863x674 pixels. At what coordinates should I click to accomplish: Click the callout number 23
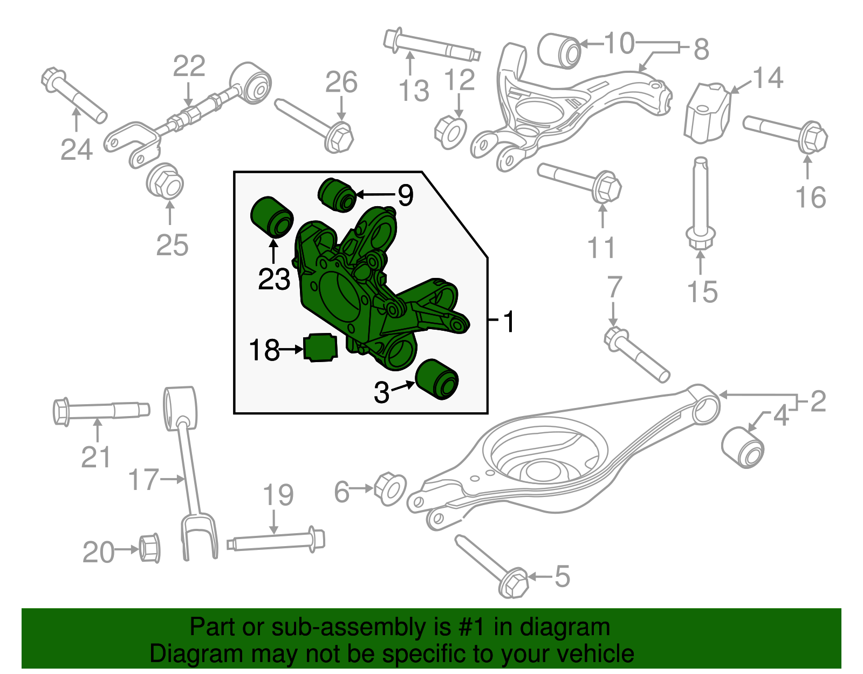click(x=274, y=280)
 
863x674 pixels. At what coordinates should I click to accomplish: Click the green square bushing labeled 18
click(x=320, y=348)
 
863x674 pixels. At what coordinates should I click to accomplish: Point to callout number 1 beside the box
click(x=508, y=322)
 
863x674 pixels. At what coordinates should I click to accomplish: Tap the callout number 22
click(x=189, y=66)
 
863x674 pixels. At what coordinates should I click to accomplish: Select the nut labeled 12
click(x=450, y=132)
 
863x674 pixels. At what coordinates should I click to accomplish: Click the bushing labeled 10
click(x=559, y=51)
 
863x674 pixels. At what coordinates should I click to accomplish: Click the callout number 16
click(x=811, y=197)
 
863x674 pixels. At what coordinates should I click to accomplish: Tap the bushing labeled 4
click(x=743, y=447)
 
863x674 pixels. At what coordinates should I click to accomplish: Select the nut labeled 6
click(x=390, y=488)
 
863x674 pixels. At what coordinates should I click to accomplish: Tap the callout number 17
click(x=143, y=479)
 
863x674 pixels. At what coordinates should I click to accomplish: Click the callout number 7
click(x=615, y=288)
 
